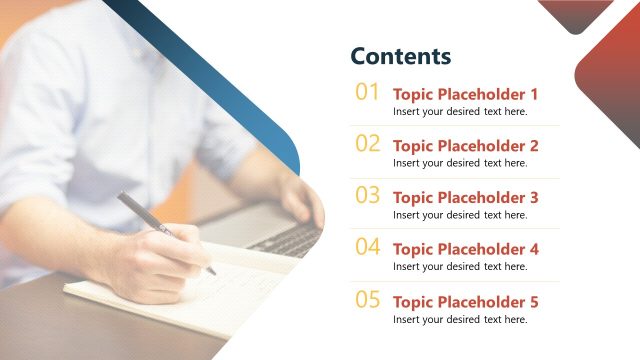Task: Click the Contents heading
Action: coord(400,56)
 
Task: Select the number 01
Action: coord(368,93)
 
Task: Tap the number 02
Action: coord(368,144)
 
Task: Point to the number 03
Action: coord(368,196)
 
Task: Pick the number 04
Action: coord(368,247)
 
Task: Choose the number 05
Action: coord(368,299)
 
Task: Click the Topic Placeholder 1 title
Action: coord(465,94)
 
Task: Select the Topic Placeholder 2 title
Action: coord(465,146)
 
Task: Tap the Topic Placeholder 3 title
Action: coord(465,198)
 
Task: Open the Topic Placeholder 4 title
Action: coord(465,249)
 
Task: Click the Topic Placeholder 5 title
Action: coord(465,302)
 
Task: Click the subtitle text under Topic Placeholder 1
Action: coord(459,112)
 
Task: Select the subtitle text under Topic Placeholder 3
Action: coord(459,215)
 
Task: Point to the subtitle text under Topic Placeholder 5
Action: coord(459,319)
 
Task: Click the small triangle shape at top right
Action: coord(575,13)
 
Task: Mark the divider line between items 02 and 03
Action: coord(455,177)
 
